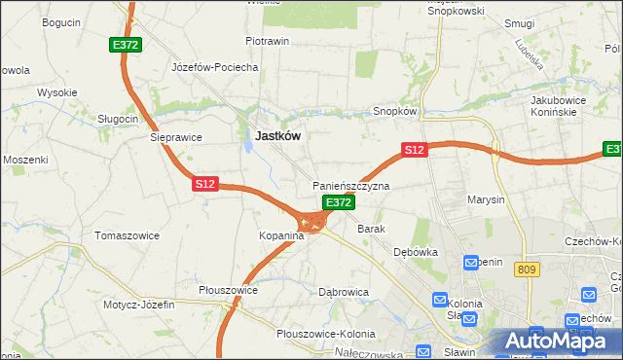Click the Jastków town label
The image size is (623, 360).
click(276, 137)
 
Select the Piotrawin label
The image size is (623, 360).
click(268, 42)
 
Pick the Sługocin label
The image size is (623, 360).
click(118, 118)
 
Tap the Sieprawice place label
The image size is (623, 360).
click(175, 137)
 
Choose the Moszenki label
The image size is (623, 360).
click(25, 159)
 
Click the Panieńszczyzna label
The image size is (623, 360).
click(350, 185)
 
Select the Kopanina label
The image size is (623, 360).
click(281, 236)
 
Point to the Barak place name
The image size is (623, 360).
click(372, 229)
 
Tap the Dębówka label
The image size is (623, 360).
click(417, 251)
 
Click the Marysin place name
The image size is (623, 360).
click(486, 199)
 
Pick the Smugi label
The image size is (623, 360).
click(520, 21)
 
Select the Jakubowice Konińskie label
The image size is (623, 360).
click(562, 105)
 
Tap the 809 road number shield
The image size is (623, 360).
click(528, 270)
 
